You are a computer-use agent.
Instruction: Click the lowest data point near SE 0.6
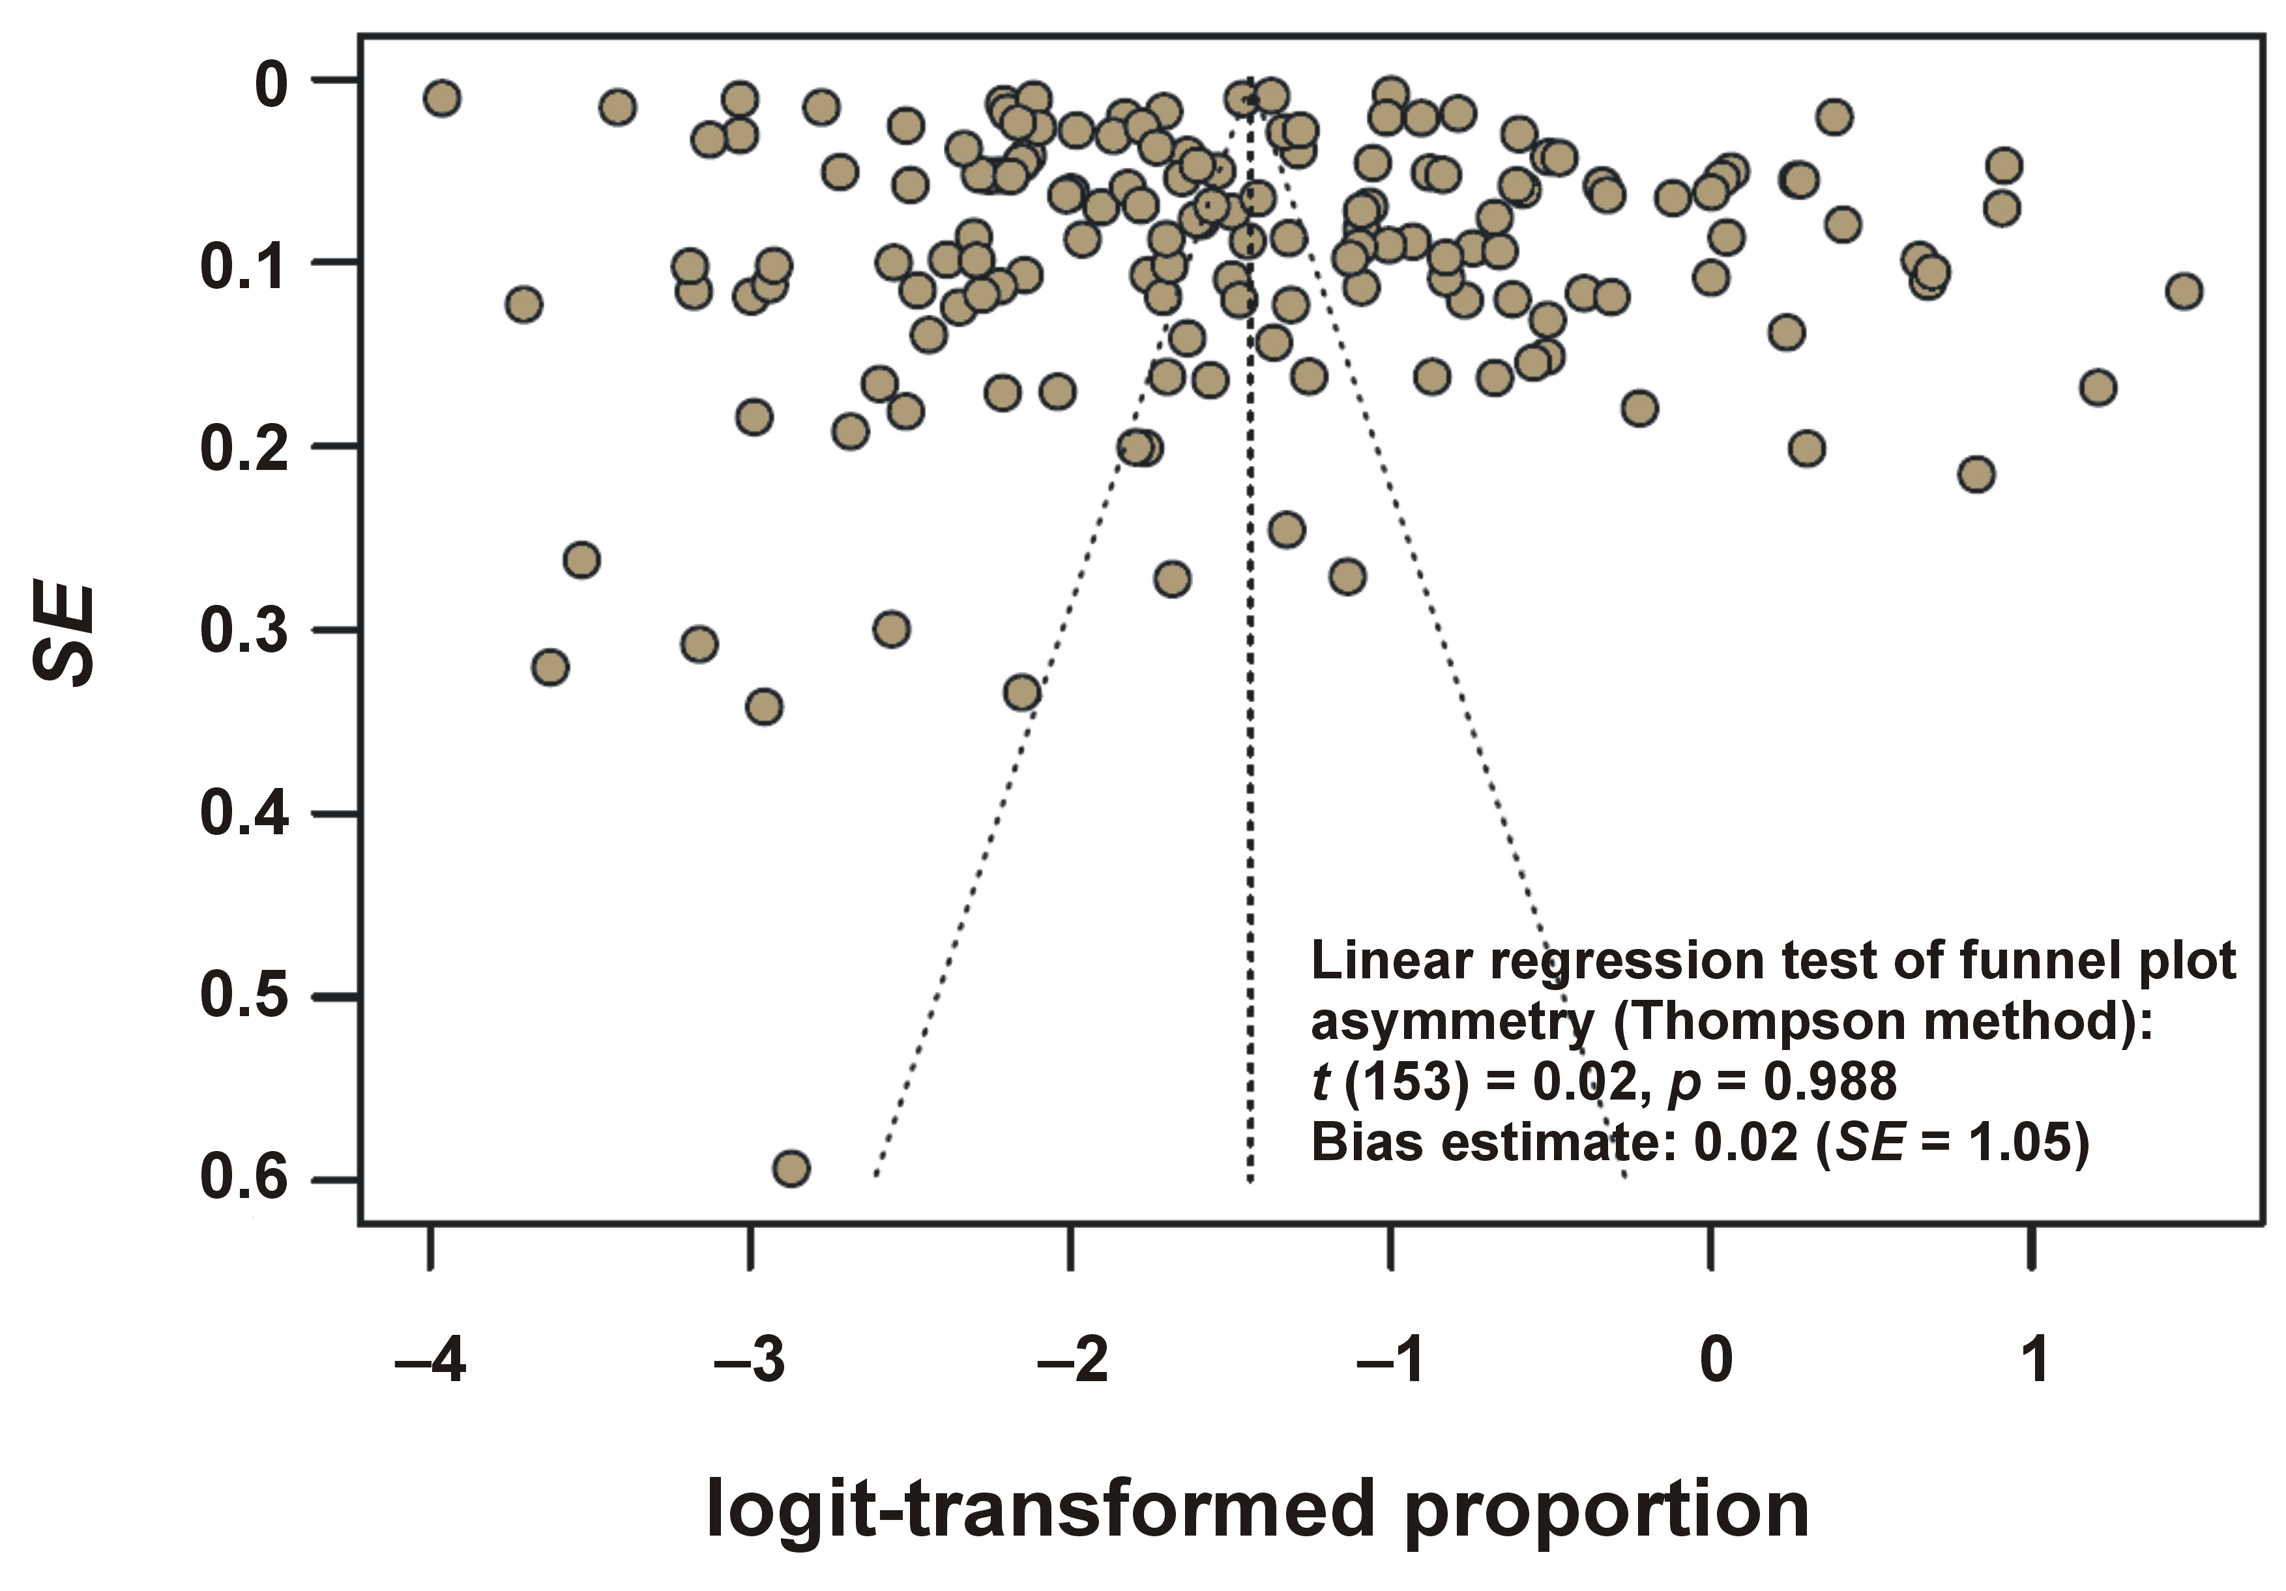[x=791, y=1168]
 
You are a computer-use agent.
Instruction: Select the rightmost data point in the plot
[x=2184, y=292]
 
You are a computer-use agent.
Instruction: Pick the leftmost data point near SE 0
[x=442, y=98]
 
